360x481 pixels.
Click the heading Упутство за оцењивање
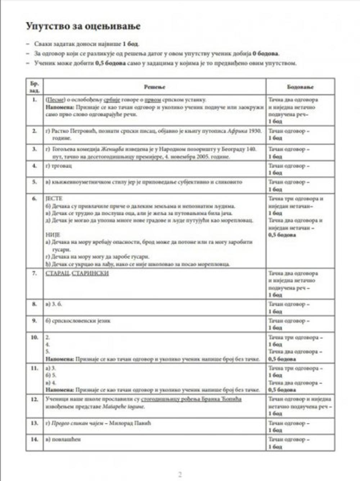tap(83, 26)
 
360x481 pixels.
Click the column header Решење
tap(154, 87)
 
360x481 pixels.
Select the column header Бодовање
tap(300, 87)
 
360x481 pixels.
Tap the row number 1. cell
tap(35, 100)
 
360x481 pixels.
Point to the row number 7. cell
tap(35, 273)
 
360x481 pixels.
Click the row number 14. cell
tap(35, 439)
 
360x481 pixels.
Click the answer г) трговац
tap(59, 166)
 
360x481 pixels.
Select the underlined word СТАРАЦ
tap(57, 273)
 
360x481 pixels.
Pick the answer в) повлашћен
tap(63, 439)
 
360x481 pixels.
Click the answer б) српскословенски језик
tap(78, 320)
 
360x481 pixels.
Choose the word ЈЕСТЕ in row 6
tap(54, 198)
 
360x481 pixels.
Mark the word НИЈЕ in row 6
tap(53, 235)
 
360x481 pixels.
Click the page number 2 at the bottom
tap(180, 474)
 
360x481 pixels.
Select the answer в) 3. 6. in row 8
tap(54, 304)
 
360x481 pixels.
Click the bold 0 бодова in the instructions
tap(265, 54)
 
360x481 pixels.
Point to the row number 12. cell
tap(35, 399)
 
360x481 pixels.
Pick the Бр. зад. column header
tap(35, 87)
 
